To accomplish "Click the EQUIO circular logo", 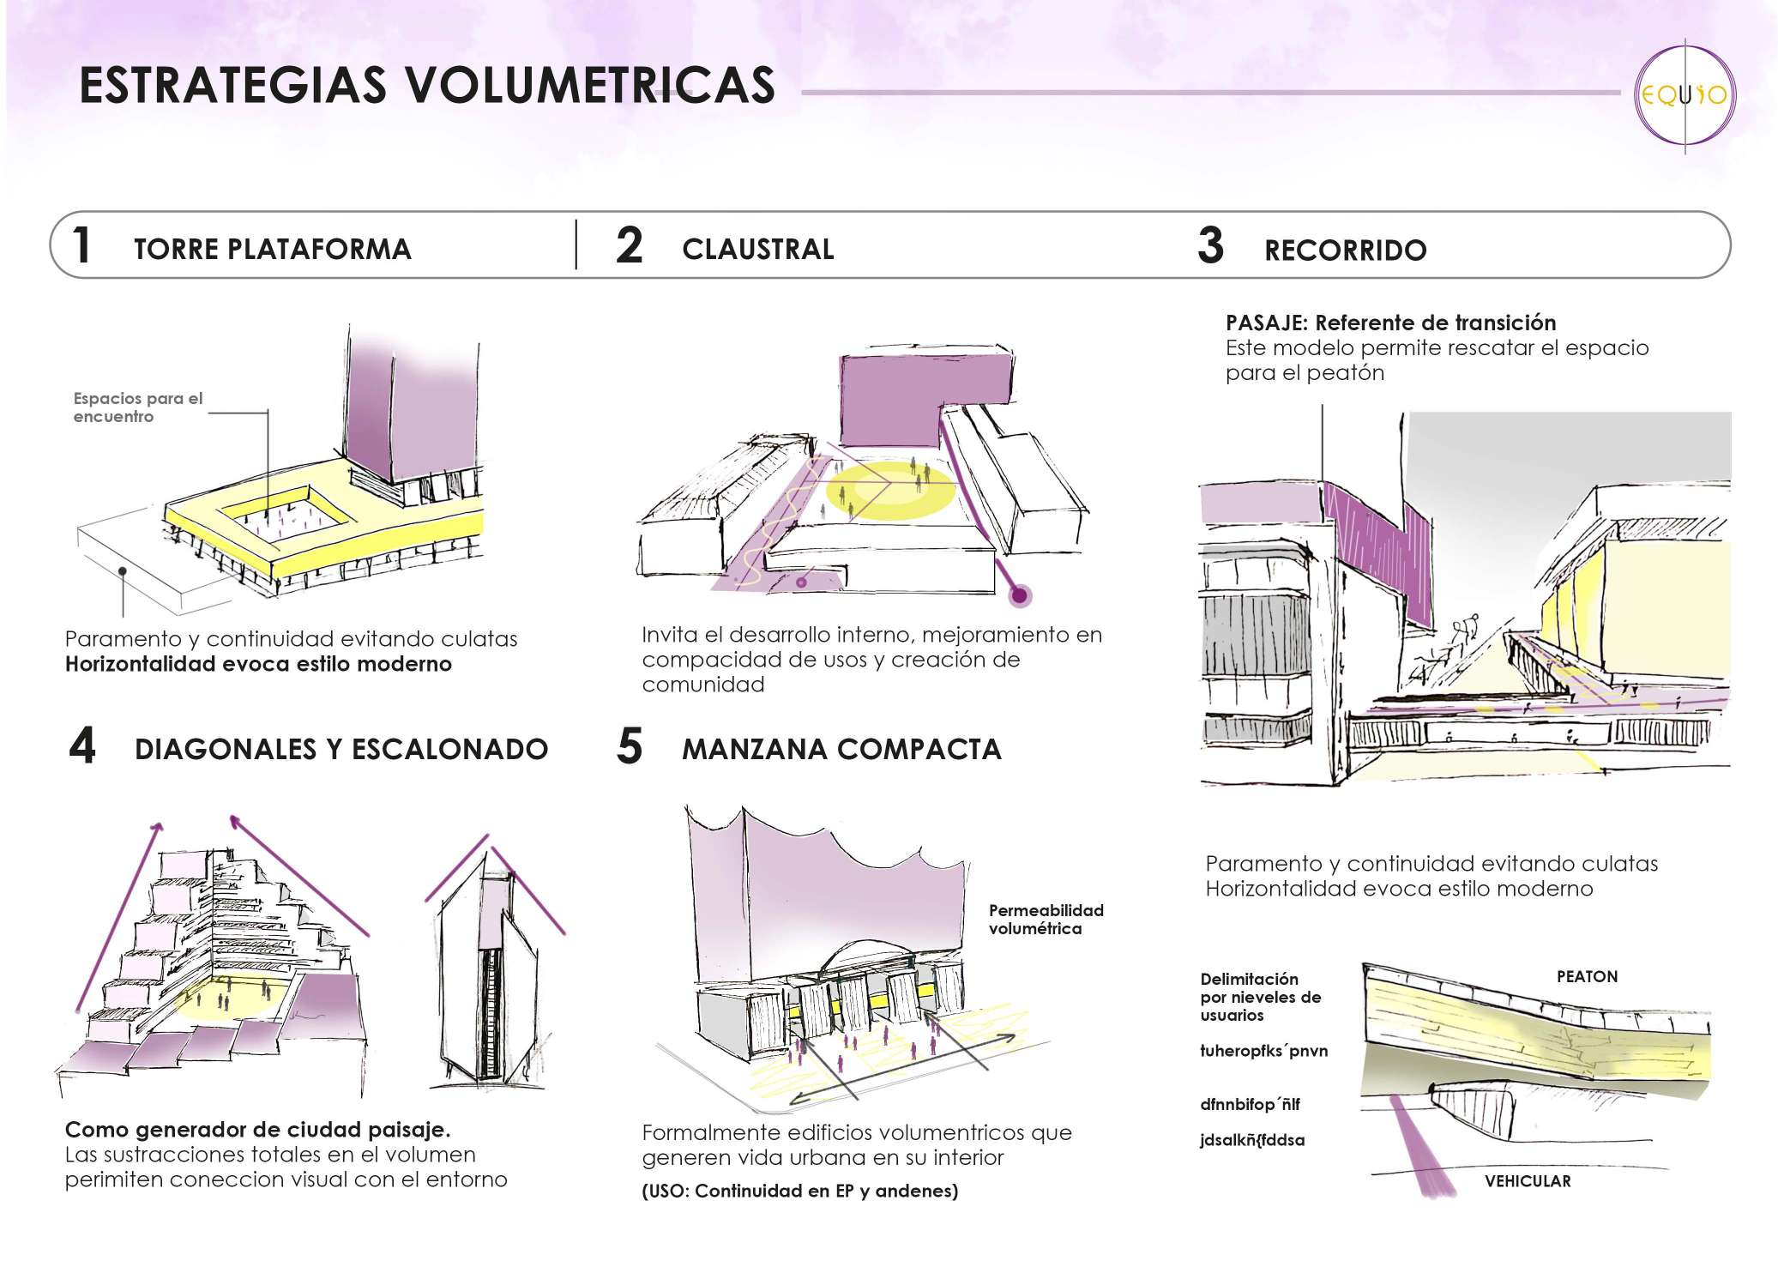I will (x=1684, y=96).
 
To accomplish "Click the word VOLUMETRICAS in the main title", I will (x=590, y=86).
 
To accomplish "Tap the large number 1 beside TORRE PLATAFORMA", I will (x=81, y=246).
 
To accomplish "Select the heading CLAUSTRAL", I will (x=757, y=250).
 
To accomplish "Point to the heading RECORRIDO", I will (x=1345, y=250).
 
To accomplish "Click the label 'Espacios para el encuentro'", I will (x=137, y=407).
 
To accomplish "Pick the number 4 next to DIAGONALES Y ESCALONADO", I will (x=82, y=746).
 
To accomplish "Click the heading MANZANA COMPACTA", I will (x=841, y=749).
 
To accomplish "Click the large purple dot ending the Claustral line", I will (x=1020, y=594).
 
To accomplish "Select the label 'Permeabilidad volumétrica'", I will (x=1046, y=919).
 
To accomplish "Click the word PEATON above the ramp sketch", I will (x=1587, y=976).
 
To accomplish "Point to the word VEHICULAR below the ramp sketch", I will (x=1528, y=1181).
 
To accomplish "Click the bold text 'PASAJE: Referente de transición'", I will (x=1390, y=323).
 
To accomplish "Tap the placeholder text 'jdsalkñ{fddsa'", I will (x=1251, y=1140).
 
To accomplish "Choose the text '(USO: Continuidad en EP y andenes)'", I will (x=799, y=1191).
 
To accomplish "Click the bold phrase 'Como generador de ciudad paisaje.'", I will (x=257, y=1130).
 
